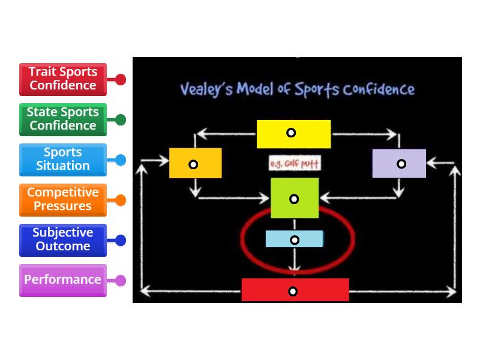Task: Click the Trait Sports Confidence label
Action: coord(63,79)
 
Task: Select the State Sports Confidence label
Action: coord(63,119)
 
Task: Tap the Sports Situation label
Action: coord(63,159)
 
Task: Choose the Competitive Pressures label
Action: coord(63,199)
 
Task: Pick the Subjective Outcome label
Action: coord(63,239)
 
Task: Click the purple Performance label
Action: coord(63,280)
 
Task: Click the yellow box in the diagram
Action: coord(293,134)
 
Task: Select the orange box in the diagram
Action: coord(195,163)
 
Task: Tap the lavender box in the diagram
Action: coord(399,163)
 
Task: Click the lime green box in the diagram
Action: coord(295,198)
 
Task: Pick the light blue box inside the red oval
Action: coord(295,239)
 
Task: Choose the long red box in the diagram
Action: coord(295,290)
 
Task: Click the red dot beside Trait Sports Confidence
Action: coord(121,79)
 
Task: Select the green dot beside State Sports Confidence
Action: coord(121,119)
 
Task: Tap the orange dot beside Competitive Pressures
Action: coord(121,200)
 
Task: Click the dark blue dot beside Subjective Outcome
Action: coord(121,240)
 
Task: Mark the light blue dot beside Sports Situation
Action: coord(121,160)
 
